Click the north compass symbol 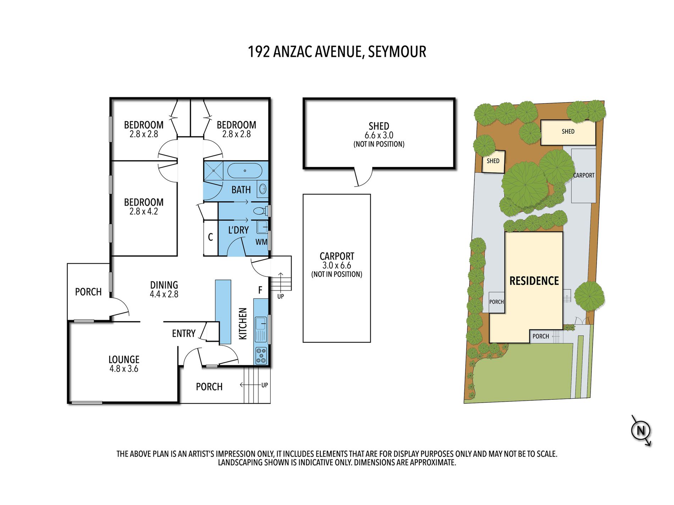click(641, 431)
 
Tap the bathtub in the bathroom click(245, 171)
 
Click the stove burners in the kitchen click(261, 356)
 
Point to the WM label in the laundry click(261, 242)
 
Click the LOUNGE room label click(124, 359)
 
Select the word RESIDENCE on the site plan click(534, 281)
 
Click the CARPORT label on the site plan click(584, 175)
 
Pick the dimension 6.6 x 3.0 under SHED click(379, 135)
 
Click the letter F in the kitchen click(260, 290)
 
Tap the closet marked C click(210, 237)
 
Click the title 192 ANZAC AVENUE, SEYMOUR click(337, 52)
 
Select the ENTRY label click(184, 333)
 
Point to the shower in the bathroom click(214, 171)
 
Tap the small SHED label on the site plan click(493, 161)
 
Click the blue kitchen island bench click(223, 312)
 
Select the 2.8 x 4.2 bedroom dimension click(144, 212)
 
